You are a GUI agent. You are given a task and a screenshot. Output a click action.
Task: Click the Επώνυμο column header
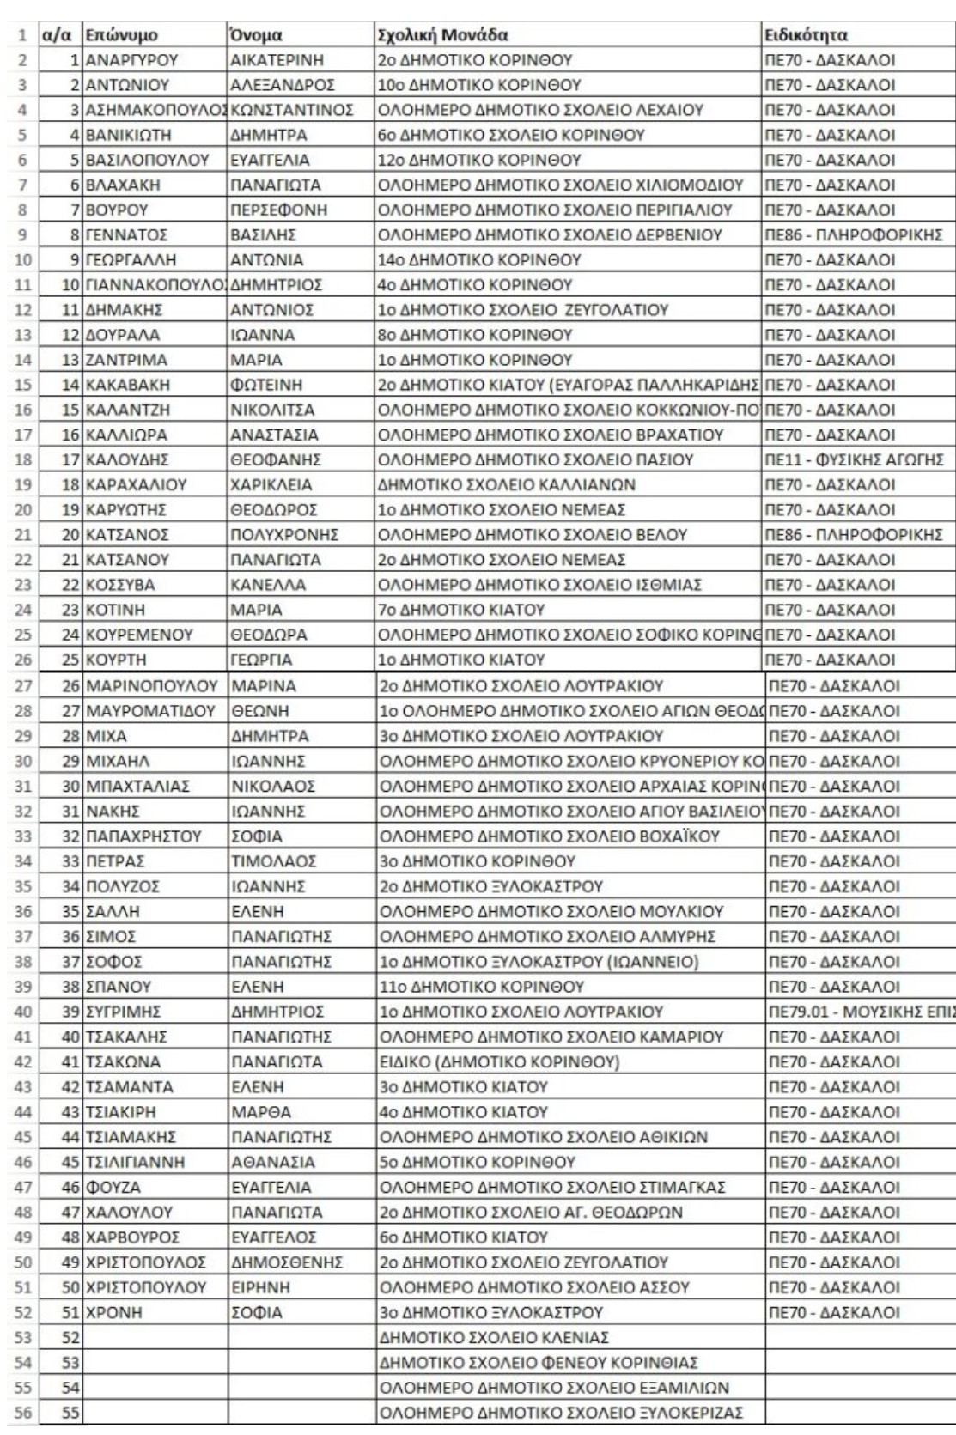[x=120, y=36]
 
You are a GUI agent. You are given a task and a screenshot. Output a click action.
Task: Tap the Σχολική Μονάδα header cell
[x=443, y=36]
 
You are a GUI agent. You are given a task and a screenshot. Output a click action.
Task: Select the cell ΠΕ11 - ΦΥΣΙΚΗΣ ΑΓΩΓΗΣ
[x=856, y=459]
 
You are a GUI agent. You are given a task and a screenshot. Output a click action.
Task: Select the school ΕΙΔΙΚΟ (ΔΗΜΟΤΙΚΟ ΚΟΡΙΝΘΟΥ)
[x=499, y=1061]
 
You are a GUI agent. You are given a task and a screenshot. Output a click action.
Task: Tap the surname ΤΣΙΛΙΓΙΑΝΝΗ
[x=134, y=1162]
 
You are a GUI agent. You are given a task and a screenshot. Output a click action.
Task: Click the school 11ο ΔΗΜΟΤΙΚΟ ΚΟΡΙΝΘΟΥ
[x=482, y=986]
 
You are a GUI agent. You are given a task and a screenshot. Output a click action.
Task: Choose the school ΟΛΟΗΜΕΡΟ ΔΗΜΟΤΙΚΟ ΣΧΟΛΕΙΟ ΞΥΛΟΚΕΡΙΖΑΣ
[x=562, y=1413]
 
